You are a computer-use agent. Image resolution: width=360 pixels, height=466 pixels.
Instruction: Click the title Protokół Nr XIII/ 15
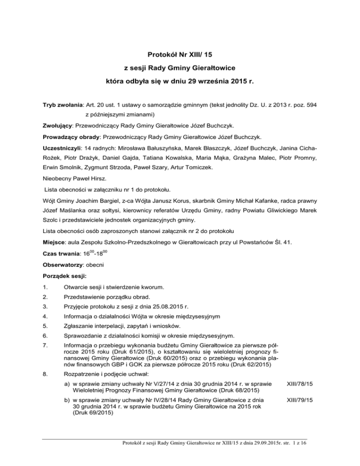tap(180, 54)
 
